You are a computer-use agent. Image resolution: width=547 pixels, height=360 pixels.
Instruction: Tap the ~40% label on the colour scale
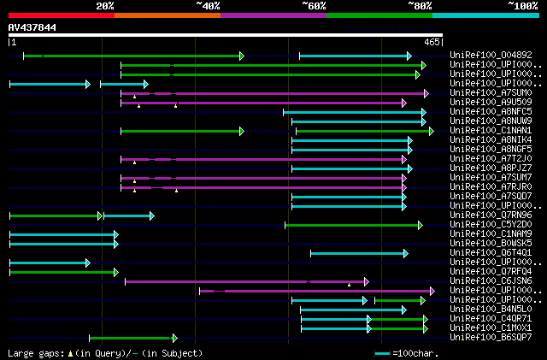click(x=208, y=5)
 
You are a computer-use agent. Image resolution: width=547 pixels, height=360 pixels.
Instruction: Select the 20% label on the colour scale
click(x=104, y=5)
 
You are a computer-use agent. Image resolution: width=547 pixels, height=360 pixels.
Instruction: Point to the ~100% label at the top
click(x=522, y=5)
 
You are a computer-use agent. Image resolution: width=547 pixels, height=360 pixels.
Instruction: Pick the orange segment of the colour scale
click(x=167, y=15)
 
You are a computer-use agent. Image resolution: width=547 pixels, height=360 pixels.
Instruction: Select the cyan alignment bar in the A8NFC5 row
click(x=353, y=112)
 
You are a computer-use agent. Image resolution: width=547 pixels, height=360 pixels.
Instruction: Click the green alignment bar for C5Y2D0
click(x=352, y=225)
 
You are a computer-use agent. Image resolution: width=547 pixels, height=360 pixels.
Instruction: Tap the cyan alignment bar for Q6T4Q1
click(x=358, y=253)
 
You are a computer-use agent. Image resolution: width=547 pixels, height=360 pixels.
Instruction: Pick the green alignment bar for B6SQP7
click(x=132, y=338)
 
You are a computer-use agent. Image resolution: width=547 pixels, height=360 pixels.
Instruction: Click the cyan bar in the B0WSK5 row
click(x=62, y=244)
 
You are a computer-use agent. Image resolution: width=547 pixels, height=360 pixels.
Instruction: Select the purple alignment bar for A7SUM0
click(x=273, y=93)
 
